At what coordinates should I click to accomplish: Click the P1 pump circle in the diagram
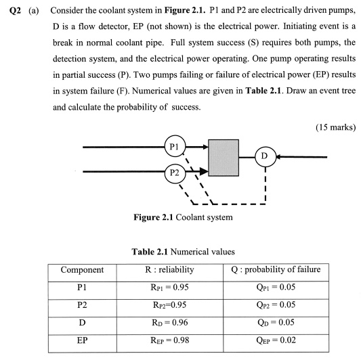[174, 145]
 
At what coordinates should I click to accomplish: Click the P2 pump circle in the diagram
[174, 172]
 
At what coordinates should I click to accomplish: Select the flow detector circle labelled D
[264, 157]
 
